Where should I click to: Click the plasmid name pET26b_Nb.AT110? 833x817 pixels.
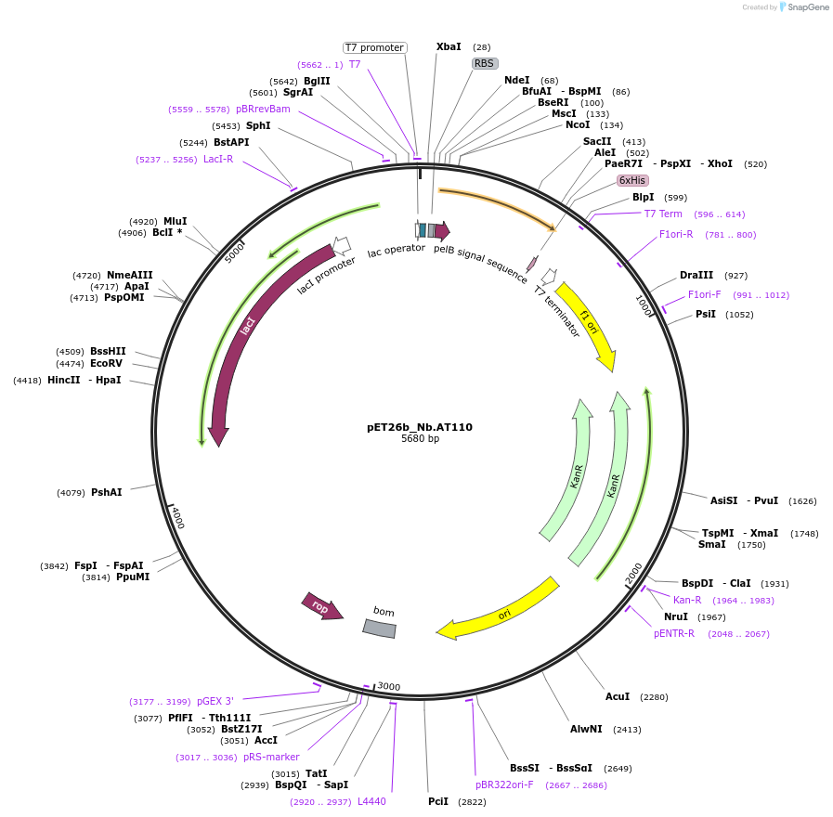pyautogui.click(x=419, y=427)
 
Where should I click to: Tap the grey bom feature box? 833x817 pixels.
pyautogui.click(x=379, y=628)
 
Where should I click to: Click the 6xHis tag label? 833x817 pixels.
pyautogui.click(x=632, y=180)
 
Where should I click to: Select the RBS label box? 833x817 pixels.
pyautogui.click(x=485, y=63)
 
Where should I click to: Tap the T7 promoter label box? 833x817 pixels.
pyautogui.click(x=374, y=47)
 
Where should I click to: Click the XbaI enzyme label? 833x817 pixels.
pyautogui.click(x=449, y=46)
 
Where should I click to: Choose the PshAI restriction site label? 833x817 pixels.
pyautogui.click(x=106, y=492)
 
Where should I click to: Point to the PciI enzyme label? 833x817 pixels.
pyautogui.click(x=438, y=801)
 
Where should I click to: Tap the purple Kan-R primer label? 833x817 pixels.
pyautogui.click(x=687, y=600)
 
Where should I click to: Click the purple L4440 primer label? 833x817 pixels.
pyautogui.click(x=371, y=801)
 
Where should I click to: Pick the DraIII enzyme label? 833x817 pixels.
pyautogui.click(x=696, y=275)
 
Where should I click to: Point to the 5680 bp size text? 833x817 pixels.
pyautogui.click(x=420, y=439)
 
